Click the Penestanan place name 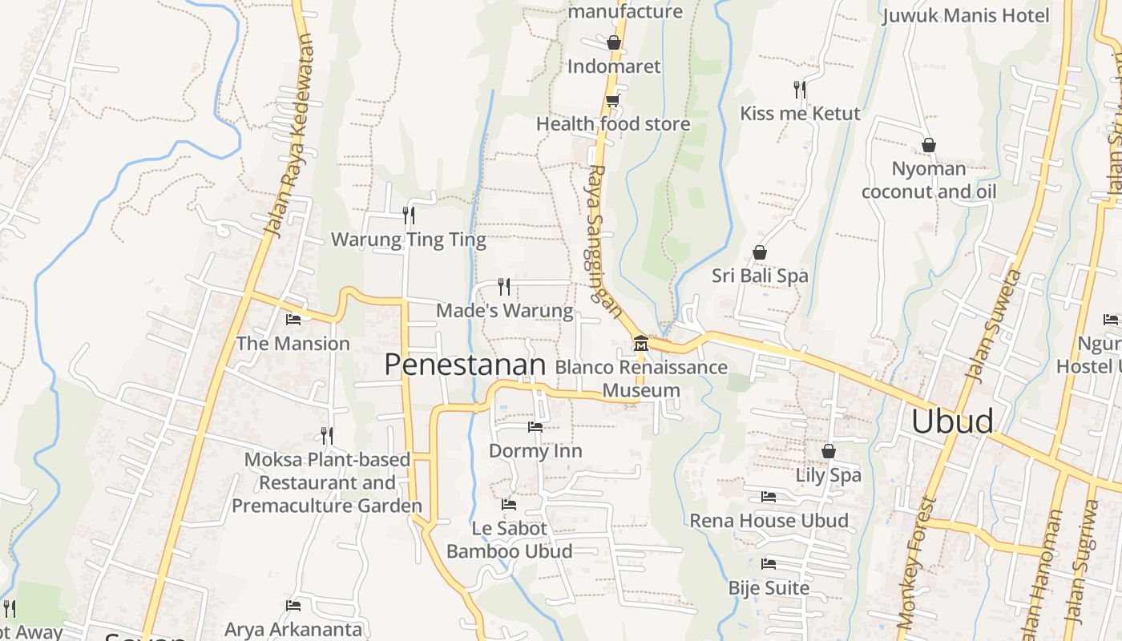[465, 365]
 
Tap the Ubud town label [952, 421]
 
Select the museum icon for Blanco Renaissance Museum [640, 344]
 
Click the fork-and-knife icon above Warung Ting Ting [409, 215]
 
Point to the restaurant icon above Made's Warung [504, 286]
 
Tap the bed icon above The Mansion [293, 319]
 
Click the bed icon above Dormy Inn [535, 427]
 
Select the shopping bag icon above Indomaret [614, 42]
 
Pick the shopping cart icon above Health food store [613, 100]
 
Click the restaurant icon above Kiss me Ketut [800, 89]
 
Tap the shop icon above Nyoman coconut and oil [929, 145]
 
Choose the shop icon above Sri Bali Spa [760, 252]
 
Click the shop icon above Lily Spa [829, 451]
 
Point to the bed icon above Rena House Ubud [769, 497]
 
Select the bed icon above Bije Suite [769, 564]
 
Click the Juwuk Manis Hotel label [966, 15]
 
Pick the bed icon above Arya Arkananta [293, 606]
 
